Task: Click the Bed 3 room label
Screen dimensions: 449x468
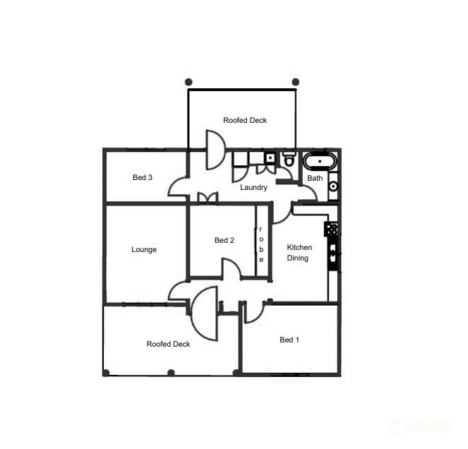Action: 143,177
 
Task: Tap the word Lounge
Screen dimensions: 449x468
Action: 144,249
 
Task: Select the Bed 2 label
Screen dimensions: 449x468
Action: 224,240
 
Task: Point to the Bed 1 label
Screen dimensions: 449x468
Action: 289,340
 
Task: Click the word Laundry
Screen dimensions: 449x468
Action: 253,187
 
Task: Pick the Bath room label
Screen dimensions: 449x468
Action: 315,178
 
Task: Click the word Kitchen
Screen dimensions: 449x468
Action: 299,247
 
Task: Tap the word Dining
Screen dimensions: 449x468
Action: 297,258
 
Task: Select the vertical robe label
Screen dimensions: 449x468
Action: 261,245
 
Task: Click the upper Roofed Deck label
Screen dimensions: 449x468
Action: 245,120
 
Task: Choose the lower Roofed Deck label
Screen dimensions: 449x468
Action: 169,344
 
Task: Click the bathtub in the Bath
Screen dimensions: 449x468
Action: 320,162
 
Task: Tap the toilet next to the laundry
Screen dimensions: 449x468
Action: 289,160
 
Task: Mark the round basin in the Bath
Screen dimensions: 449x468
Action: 333,186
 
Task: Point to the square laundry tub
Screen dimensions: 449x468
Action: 270,157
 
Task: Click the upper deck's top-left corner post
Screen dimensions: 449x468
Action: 188,82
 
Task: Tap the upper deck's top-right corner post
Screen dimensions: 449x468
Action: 296,82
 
